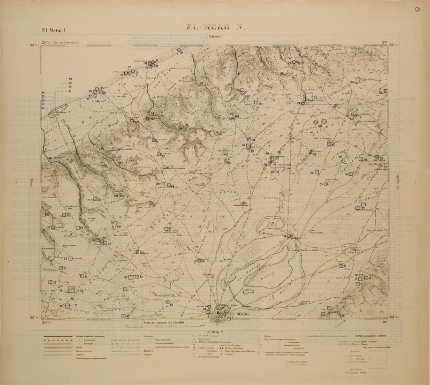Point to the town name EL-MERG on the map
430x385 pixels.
coord(240,314)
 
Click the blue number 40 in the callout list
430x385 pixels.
coord(70,79)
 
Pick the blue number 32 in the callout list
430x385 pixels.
coord(43,108)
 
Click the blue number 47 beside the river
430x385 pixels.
coord(74,136)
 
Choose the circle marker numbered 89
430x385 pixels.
coord(168,302)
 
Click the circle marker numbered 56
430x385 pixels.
coord(198,261)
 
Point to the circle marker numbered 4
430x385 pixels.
coord(290,236)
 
